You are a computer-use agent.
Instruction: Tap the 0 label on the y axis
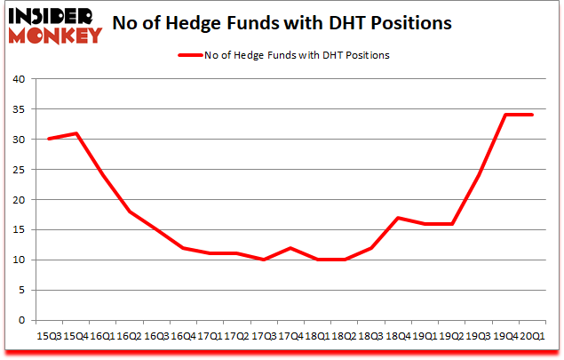coord(20,321)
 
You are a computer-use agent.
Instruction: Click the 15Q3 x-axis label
coord(48,336)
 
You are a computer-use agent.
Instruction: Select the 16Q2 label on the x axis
coord(129,336)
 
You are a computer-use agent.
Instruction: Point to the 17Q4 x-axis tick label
coord(290,336)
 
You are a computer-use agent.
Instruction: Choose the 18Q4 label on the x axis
coord(398,336)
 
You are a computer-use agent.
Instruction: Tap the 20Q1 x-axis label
coord(532,336)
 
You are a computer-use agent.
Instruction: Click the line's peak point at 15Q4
coord(76,133)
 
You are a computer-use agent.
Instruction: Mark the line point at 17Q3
coord(265,260)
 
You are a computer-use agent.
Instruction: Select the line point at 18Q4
coord(399,218)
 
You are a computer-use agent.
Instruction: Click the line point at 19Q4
coord(506,115)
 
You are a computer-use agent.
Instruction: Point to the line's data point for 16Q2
coord(131,212)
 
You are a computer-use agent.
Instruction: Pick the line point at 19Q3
coord(480,175)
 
